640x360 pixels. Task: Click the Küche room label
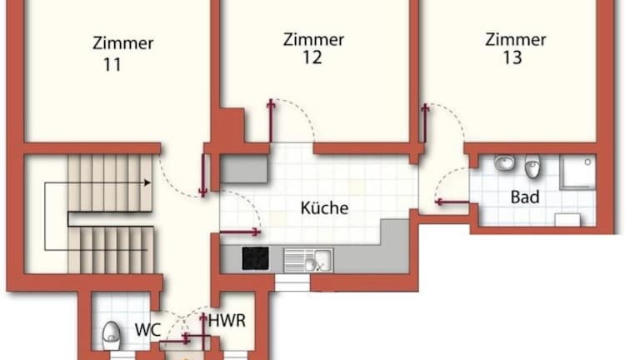click(x=324, y=207)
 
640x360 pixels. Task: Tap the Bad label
click(x=525, y=197)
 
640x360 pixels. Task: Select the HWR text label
click(x=227, y=321)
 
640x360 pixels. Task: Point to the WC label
click(x=147, y=330)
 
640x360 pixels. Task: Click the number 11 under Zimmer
click(x=112, y=65)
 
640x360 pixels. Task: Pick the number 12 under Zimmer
click(x=312, y=57)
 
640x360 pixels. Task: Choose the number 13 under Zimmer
click(x=512, y=57)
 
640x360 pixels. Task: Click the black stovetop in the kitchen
click(x=255, y=258)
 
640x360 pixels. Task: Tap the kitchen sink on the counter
click(x=308, y=260)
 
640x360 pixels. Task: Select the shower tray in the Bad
click(x=578, y=171)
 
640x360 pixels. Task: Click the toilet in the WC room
click(x=111, y=337)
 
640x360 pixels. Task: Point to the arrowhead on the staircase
click(x=147, y=182)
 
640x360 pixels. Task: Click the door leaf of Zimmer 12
click(x=270, y=121)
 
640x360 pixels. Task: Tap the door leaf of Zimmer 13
click(x=425, y=123)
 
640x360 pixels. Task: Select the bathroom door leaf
click(x=452, y=202)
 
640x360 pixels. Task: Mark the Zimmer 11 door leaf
click(x=202, y=175)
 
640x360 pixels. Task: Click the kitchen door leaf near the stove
click(x=240, y=232)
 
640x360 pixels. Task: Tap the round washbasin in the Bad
click(x=504, y=162)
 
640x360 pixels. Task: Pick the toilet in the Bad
click(x=532, y=166)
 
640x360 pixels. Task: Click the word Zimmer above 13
click(x=516, y=40)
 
